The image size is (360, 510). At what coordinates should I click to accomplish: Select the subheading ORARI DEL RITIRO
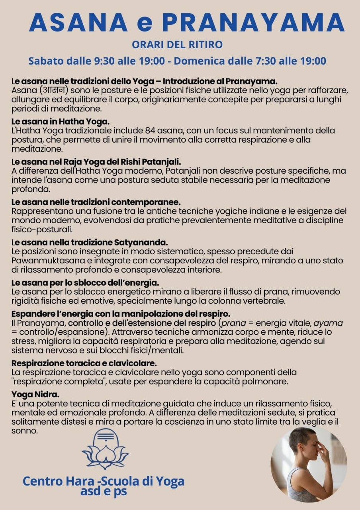[x=177, y=45]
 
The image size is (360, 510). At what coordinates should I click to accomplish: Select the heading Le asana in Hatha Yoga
[x=61, y=121]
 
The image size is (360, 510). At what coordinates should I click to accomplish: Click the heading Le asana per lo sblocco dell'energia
[x=85, y=283]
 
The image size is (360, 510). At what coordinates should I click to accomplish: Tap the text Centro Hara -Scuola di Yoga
[x=104, y=481]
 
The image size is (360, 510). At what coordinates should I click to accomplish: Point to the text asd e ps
[x=104, y=491]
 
